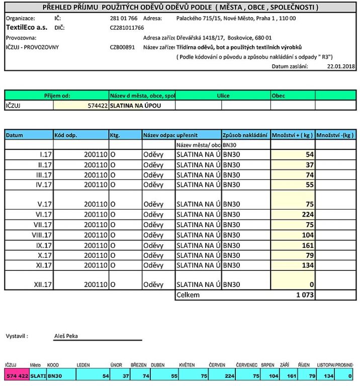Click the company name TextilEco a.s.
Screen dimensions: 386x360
click(27, 28)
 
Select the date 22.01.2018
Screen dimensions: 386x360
click(341, 66)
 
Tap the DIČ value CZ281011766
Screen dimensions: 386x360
click(127, 28)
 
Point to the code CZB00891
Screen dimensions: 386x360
click(122, 47)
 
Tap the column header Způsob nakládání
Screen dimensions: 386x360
click(245, 135)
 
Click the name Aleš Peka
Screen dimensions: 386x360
click(66, 336)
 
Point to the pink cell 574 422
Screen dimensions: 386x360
click(17, 375)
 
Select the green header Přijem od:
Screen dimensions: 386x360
click(57, 95)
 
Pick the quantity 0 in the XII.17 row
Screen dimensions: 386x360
click(311, 284)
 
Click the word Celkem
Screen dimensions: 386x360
click(188, 295)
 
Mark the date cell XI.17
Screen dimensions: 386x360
click(44, 265)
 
